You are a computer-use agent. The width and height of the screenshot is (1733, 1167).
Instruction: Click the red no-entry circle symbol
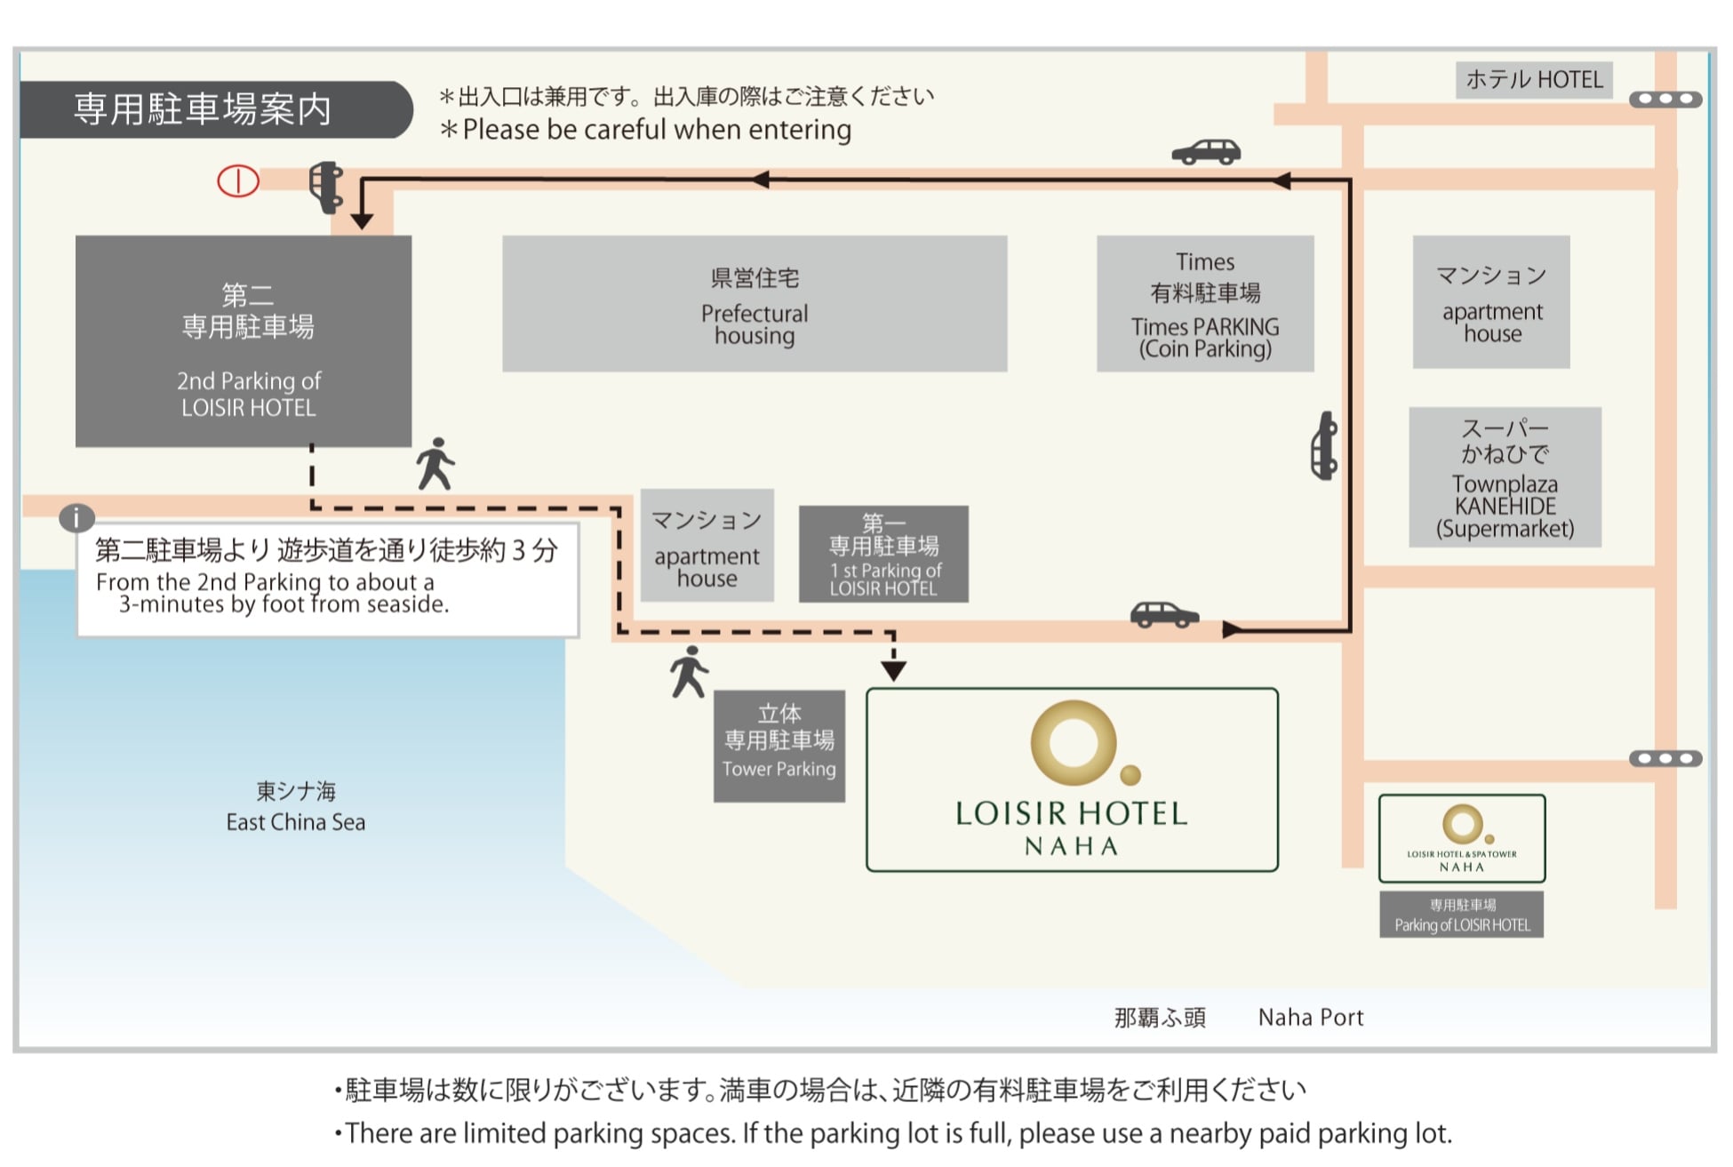coord(238,181)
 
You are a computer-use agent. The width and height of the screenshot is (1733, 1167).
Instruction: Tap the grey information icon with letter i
coord(76,517)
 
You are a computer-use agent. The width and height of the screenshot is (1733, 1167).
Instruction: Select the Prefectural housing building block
coord(755,304)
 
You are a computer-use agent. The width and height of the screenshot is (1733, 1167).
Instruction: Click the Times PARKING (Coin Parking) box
coord(1205,304)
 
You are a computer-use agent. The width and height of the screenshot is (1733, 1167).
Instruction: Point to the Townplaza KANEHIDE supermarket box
coord(1505,477)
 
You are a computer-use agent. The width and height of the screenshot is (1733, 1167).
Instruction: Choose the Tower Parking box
coord(779,747)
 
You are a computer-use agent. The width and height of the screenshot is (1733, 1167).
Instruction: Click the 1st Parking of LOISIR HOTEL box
coord(883,555)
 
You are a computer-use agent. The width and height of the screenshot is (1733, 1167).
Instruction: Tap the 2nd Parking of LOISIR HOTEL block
coord(244,341)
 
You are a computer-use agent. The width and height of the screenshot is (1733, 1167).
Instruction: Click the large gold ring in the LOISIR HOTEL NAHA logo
coord(1074,743)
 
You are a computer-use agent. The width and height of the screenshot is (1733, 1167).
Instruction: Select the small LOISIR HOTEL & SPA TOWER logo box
coord(1462,838)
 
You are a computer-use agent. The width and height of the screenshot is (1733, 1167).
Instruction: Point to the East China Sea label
coord(296,807)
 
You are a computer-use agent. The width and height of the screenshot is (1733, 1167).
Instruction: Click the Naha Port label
coord(1310,1018)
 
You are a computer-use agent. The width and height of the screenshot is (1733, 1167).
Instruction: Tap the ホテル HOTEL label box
coord(1534,80)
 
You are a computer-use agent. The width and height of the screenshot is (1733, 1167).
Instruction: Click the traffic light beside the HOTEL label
coord(1665,100)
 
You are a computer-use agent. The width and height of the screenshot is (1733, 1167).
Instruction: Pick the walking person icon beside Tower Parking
coord(689,672)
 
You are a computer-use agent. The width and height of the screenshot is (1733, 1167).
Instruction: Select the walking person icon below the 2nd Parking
coord(435,464)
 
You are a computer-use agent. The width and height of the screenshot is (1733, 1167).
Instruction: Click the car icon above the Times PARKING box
coord(1206,152)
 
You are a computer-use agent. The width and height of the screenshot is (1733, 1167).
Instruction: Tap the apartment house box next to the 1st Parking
coord(707,546)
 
